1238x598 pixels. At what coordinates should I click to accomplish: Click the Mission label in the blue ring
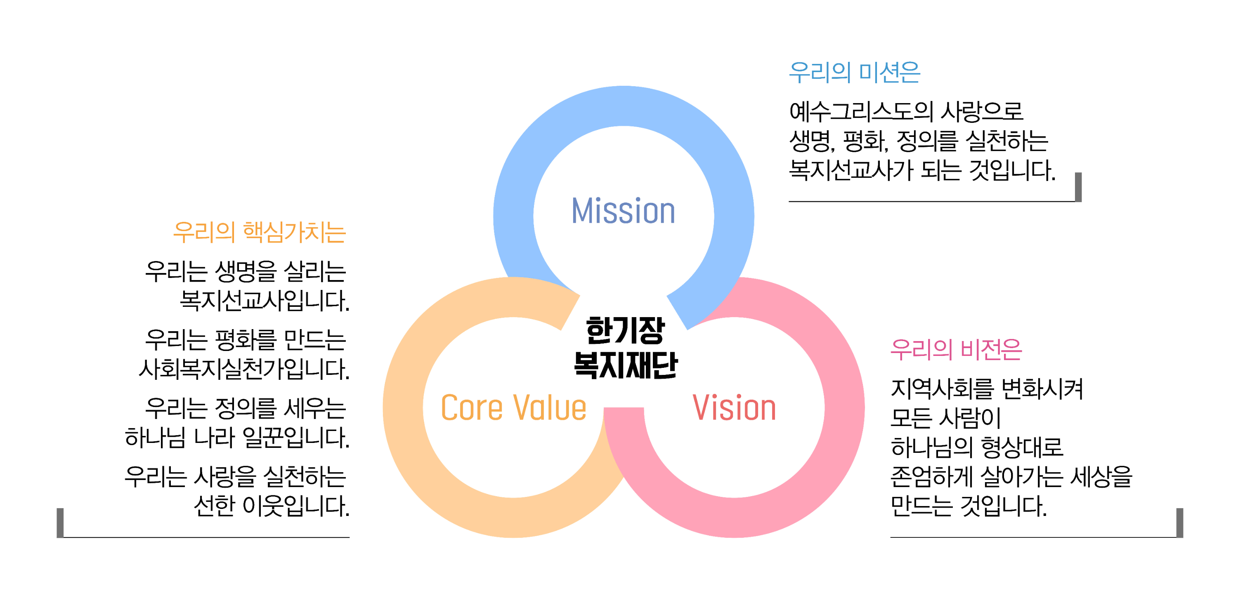[x=623, y=211]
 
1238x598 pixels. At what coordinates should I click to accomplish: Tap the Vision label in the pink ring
[x=734, y=408]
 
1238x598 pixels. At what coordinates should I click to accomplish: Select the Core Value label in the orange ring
[x=513, y=408]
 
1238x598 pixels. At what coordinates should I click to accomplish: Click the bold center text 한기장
[x=625, y=330]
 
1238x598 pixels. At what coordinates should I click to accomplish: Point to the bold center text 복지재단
[x=625, y=365]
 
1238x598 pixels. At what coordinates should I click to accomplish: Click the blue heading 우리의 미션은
[x=855, y=73]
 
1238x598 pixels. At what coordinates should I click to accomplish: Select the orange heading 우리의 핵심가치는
[x=260, y=232]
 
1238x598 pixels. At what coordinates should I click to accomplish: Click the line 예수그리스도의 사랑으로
[x=906, y=111]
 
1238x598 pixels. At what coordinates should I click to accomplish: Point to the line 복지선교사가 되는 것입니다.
[x=922, y=170]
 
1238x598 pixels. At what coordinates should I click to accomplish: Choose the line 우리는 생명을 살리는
[x=246, y=271]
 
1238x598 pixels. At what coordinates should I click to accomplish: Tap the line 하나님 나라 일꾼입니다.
[x=237, y=438]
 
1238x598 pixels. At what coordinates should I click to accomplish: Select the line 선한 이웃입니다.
[x=272, y=506]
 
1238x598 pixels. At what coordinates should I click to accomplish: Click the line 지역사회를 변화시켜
[x=987, y=388]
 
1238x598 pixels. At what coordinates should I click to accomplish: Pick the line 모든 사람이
[x=945, y=418]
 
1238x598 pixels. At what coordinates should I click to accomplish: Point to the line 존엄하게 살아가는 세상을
[x=1011, y=476]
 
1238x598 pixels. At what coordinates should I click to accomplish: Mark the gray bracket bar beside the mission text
[x=1078, y=187]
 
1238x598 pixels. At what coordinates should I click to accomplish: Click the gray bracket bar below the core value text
[x=60, y=523]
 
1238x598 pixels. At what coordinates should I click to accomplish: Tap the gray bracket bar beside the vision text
[x=1179, y=523]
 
